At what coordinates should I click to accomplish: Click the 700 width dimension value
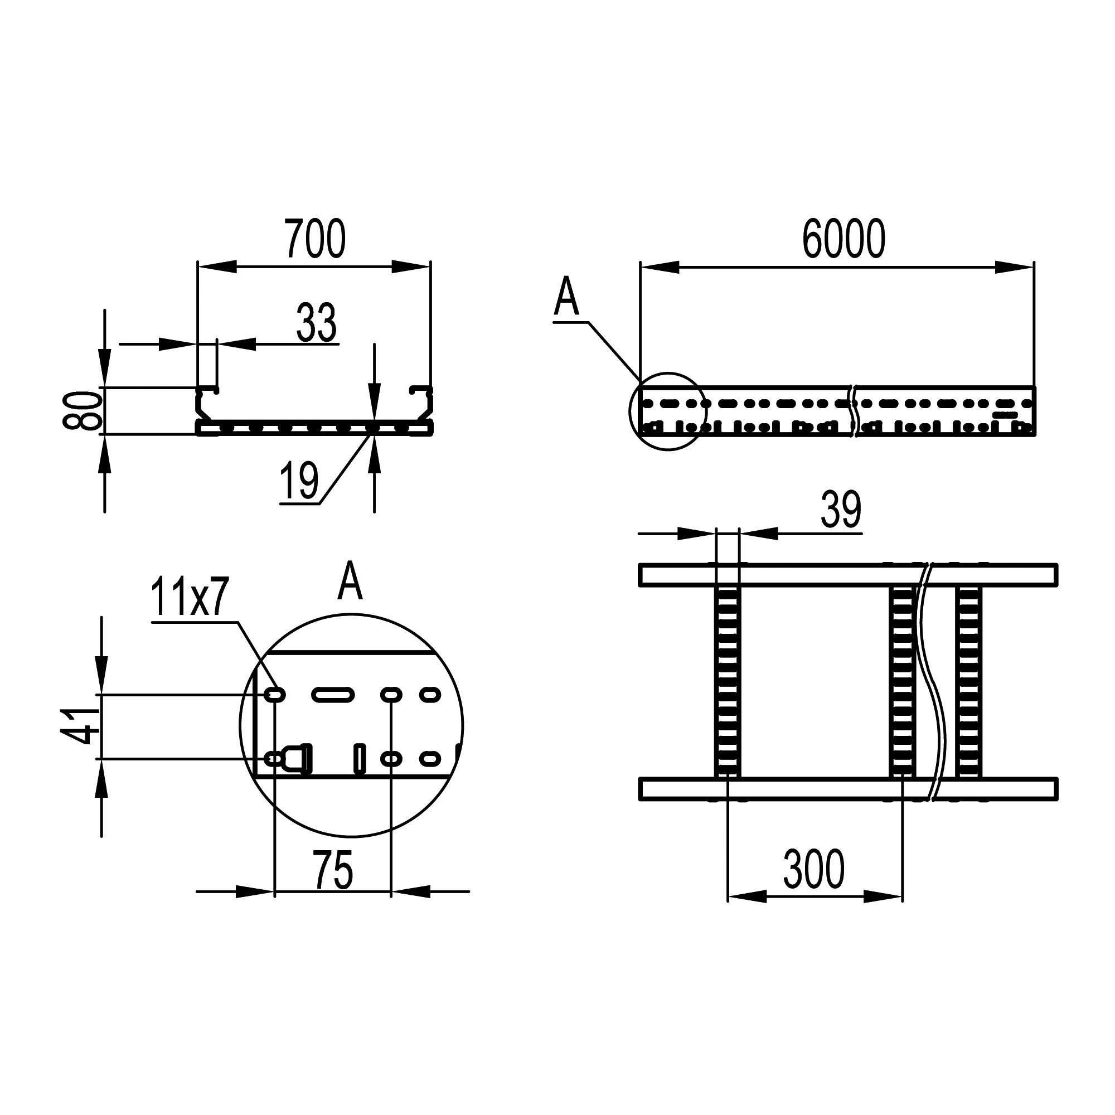[315, 239]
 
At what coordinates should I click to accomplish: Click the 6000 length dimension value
[843, 239]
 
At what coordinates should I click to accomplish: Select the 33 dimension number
[316, 323]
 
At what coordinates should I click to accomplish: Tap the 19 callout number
[299, 481]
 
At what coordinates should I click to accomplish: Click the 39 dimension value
[841, 510]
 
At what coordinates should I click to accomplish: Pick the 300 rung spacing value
[814, 869]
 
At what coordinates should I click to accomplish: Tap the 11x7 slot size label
[191, 597]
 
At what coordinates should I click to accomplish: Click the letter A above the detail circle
[350, 581]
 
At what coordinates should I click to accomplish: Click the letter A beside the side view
[566, 297]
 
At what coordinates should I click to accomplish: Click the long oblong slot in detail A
[332, 694]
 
